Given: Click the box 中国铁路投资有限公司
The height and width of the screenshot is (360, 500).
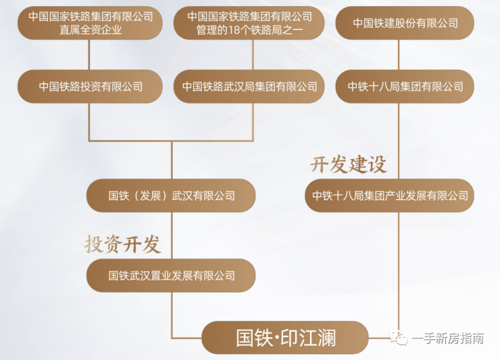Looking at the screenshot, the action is point(90,86).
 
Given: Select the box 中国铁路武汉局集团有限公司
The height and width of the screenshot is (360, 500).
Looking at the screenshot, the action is point(249,86).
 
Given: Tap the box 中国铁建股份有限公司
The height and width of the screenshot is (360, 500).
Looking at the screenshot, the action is point(405,23).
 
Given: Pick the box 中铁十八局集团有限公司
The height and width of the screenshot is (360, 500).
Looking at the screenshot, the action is point(405,86).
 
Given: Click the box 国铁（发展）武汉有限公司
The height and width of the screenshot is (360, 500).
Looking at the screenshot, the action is point(171,195).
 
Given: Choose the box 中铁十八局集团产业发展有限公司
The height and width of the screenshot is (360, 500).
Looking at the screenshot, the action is point(390,195).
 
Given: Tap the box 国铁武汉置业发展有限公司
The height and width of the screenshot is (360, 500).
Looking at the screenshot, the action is point(171,276).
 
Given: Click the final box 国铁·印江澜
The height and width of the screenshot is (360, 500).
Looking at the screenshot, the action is point(285,338).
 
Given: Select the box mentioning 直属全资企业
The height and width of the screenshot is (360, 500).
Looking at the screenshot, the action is point(90,23).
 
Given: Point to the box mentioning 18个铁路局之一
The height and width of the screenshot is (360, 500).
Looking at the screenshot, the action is point(249,23).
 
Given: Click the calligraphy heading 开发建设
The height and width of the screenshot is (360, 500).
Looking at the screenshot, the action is point(349,165).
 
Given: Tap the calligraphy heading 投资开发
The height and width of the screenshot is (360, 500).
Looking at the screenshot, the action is point(123,245).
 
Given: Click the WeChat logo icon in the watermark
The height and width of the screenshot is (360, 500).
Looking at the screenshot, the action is point(399,338).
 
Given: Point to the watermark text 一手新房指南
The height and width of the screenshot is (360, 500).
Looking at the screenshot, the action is point(448,338).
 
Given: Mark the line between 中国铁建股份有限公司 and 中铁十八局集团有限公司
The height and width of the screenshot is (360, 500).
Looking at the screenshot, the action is point(399,55).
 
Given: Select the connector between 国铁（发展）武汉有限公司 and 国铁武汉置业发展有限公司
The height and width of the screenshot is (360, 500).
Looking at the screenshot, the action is point(172,235).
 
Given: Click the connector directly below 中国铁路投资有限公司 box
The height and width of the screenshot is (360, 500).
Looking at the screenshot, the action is point(89,122).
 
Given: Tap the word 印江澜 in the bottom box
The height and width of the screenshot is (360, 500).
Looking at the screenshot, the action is point(308,338).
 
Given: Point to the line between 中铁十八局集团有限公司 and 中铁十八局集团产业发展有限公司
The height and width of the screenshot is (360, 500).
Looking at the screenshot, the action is point(399,141).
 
